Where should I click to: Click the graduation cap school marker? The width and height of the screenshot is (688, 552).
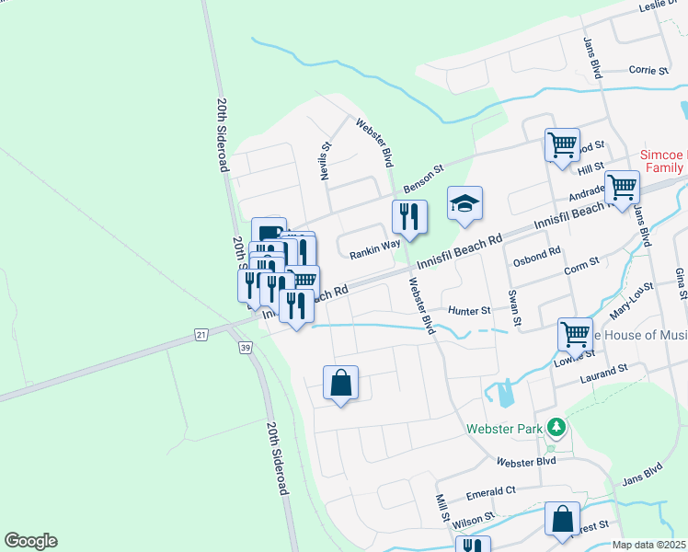pyautogui.click(x=464, y=204)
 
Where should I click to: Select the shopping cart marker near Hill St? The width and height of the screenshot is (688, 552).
pyautogui.click(x=561, y=145)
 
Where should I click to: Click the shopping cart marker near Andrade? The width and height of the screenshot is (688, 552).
pyautogui.click(x=622, y=188)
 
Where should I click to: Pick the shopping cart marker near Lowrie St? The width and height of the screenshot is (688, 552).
pyautogui.click(x=575, y=335)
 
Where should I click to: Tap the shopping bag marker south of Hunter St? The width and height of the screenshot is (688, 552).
pyautogui.click(x=340, y=383)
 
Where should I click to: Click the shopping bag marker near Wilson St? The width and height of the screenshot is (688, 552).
pyautogui.click(x=562, y=519)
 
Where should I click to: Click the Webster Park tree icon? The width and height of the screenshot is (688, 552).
pyautogui.click(x=556, y=428)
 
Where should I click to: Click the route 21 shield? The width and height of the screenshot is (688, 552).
pyautogui.click(x=201, y=333)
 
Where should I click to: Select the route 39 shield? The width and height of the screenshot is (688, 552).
pyautogui.click(x=244, y=347)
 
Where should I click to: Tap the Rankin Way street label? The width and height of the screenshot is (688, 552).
pyautogui.click(x=374, y=246)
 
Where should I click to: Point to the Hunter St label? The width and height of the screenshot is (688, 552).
pyautogui.click(x=469, y=311)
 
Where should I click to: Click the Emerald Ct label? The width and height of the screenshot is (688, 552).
pyautogui.click(x=490, y=492)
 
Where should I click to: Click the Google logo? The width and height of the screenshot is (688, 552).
pyautogui.click(x=30, y=541)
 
